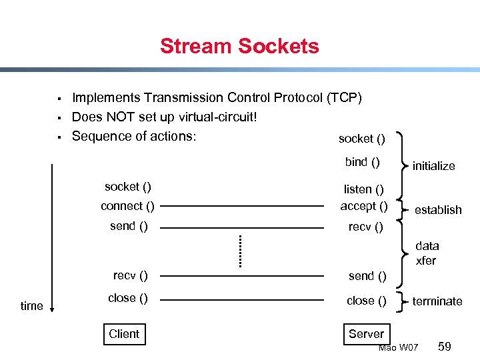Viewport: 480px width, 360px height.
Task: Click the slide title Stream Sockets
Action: (239, 46)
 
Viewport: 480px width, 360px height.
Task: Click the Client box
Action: (124, 334)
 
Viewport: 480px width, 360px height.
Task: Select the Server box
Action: (366, 334)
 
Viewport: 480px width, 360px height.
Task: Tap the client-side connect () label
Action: (127, 206)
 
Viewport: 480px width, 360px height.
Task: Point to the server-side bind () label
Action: (363, 162)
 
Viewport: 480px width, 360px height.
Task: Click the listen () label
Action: (363, 189)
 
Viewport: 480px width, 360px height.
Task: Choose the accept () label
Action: (363, 206)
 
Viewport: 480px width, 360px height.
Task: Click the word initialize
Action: (433, 166)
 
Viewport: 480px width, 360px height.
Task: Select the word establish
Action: (438, 210)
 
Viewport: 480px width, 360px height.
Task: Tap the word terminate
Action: (437, 301)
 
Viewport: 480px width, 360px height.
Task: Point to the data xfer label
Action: (427, 253)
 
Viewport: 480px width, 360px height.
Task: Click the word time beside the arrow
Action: (31, 306)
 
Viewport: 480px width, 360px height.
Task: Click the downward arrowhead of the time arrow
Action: (55, 305)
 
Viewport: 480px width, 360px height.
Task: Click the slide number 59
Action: (445, 347)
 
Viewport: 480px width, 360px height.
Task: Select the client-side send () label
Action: (129, 226)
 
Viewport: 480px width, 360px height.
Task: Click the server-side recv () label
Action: (366, 227)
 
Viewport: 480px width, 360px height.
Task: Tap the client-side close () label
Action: (127, 298)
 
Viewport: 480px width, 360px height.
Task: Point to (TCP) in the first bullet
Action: (344, 98)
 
